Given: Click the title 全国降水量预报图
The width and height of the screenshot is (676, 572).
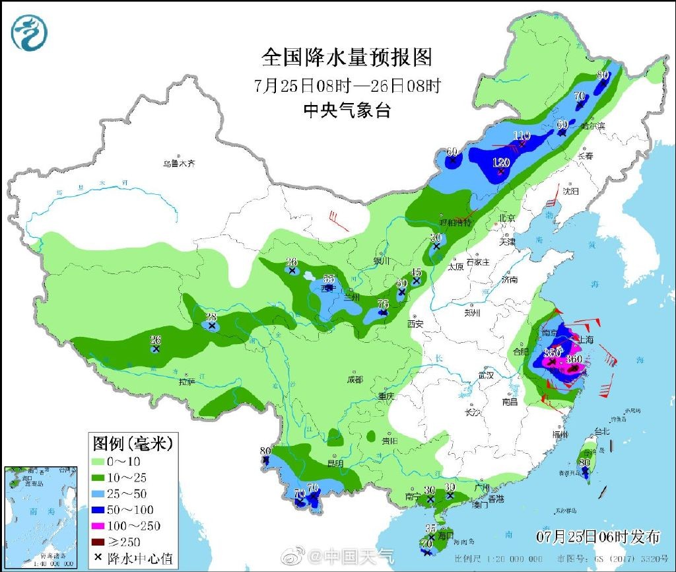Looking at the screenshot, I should [346, 57].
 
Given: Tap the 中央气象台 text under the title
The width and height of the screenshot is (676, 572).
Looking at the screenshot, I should [346, 110].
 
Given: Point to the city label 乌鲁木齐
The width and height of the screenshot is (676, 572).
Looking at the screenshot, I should [180, 163].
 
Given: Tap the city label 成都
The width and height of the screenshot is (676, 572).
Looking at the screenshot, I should [355, 380].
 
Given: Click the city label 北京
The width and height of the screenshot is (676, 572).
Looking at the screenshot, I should [507, 217].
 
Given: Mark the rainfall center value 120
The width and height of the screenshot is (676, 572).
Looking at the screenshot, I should [502, 163].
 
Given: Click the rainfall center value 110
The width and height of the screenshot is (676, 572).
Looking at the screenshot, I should [522, 135].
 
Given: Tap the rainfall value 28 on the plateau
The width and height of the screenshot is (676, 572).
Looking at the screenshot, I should [211, 317].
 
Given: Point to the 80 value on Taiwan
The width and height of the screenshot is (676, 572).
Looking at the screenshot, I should [584, 463].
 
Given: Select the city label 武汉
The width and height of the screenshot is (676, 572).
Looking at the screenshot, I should [487, 375].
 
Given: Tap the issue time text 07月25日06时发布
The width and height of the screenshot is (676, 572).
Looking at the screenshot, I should [598, 536].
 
